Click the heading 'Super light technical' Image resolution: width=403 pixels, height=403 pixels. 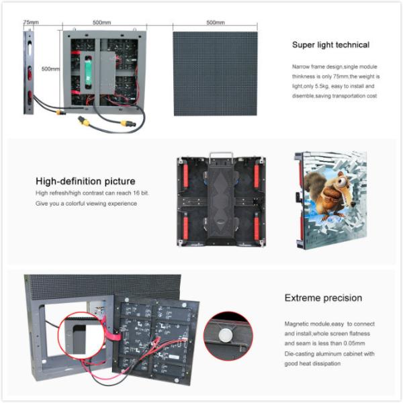pos(330,45)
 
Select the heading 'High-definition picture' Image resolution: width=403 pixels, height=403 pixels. pos(85,181)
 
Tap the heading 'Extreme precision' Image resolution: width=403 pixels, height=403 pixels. pos(323,298)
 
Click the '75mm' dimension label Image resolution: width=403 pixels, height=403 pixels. pos(31,21)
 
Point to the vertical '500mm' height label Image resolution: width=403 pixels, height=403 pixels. pos(50,69)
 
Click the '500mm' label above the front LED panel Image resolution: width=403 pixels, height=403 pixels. pos(216,22)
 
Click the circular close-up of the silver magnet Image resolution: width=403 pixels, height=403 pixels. pos(227,335)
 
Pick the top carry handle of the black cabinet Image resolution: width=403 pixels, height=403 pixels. pos(217,156)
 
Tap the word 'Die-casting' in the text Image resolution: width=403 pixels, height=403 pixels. pos(300,353)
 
